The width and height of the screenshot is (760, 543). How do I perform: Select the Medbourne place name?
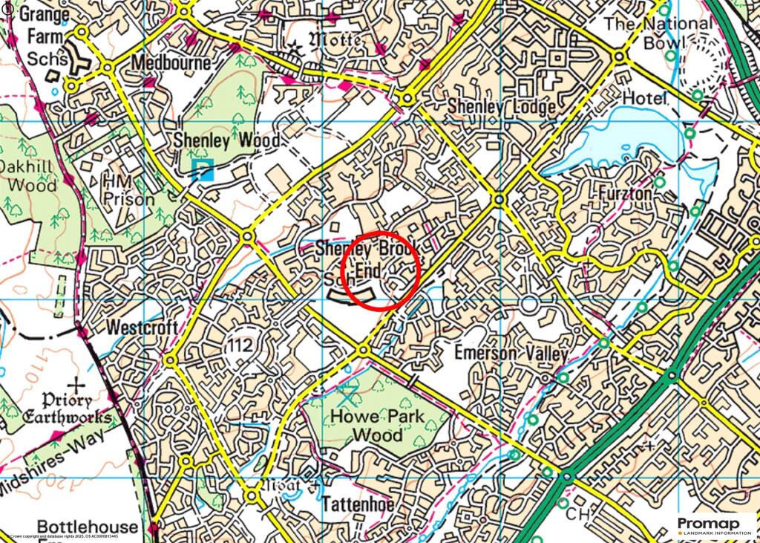pos(171,62)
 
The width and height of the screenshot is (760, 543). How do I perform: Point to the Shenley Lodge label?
pos(501,107)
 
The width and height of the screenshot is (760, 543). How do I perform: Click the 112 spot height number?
pos(241,345)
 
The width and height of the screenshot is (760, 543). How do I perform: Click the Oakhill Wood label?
pos(28,175)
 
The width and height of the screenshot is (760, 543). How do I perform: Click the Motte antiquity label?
pos(334,39)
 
